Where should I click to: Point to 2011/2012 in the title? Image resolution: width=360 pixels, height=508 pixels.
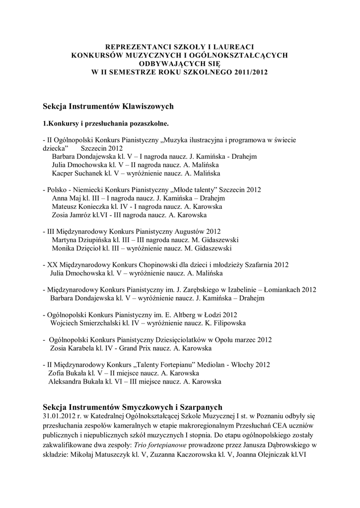click(251, 71)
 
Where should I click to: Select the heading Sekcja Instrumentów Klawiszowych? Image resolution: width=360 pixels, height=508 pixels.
click(108, 106)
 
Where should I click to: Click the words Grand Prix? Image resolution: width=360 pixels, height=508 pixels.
click(136, 348)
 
